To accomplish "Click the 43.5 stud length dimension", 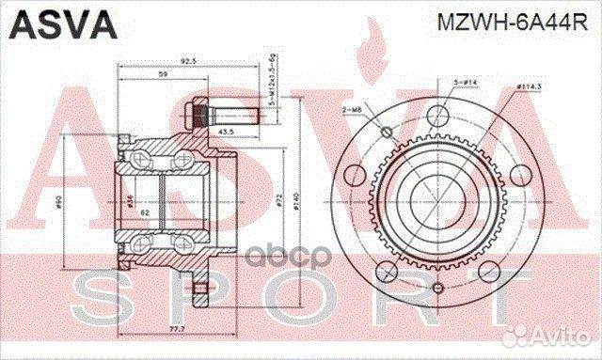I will click(226, 130).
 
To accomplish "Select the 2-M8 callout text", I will click(354, 111).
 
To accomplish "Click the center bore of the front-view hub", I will click(436, 198).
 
